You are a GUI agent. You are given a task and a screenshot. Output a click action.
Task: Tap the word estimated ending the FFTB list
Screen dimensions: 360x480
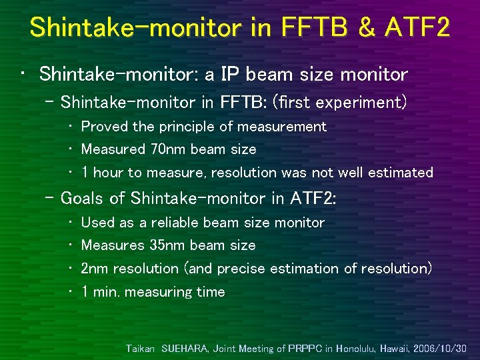tap(402, 173)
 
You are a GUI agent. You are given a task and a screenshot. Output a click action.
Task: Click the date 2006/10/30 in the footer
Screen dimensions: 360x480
tap(441, 348)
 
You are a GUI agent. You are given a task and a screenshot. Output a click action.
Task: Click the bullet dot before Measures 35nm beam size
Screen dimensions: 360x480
tap(72, 245)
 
